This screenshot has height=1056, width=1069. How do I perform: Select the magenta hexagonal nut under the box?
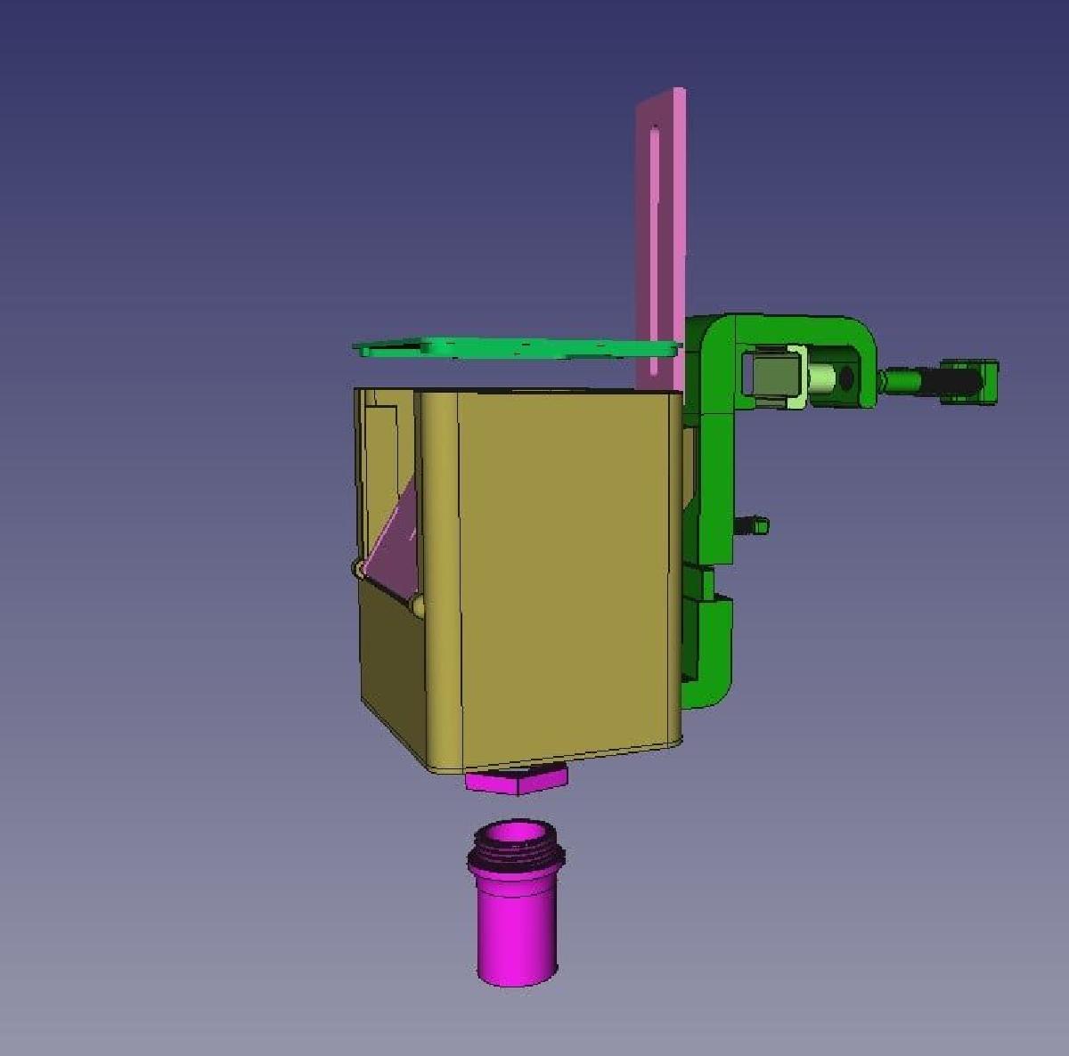click(x=516, y=781)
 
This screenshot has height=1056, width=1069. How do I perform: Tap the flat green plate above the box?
click(x=517, y=346)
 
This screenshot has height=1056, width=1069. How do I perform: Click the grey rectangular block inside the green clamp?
click(x=771, y=377)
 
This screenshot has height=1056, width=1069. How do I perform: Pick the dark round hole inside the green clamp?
click(x=845, y=378)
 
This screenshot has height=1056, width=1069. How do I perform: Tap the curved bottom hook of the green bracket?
click(x=713, y=686)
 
